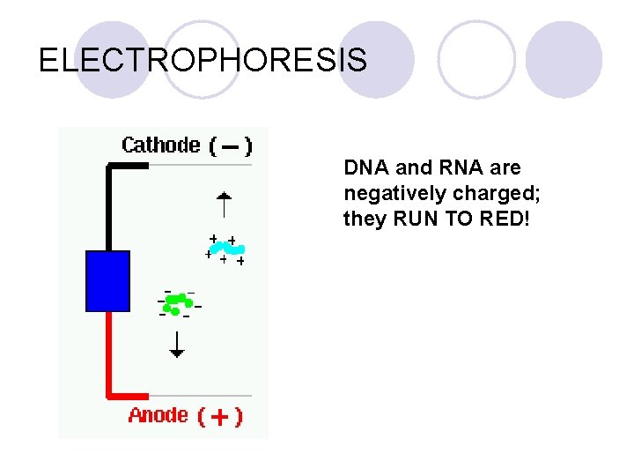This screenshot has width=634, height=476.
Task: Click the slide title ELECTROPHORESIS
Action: [x=203, y=60]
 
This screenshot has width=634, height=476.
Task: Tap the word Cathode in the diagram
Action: [x=160, y=145]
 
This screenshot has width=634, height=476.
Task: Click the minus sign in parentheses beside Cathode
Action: [x=230, y=146]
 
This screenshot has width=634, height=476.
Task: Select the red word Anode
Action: [x=158, y=414]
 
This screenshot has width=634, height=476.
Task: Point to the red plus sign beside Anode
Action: [x=220, y=417]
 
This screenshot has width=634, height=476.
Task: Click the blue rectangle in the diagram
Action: [x=107, y=281]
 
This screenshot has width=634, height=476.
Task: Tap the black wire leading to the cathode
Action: [x=109, y=203]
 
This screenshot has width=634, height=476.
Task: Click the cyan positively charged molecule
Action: [x=226, y=249]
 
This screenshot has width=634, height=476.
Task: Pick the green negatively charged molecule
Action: [x=179, y=302]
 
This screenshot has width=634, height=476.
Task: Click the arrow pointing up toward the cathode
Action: [x=225, y=204]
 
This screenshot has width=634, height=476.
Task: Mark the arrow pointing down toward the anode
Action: [x=177, y=344]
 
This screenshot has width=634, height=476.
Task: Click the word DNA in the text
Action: [x=363, y=167]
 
